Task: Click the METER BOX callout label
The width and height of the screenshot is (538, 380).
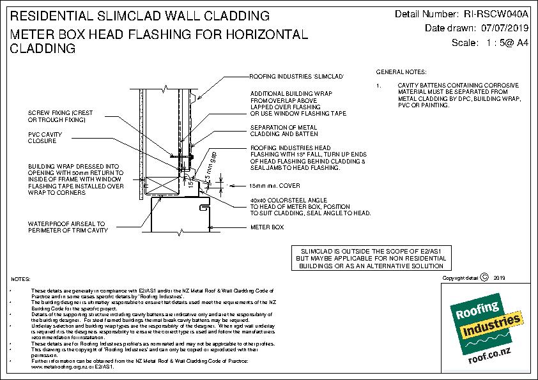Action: click(x=266, y=227)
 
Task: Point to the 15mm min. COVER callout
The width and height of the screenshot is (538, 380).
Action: click(x=275, y=186)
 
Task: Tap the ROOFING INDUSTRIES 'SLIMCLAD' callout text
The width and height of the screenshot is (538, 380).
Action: click(x=296, y=76)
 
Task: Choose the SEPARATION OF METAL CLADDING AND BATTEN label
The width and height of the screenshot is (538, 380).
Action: click(x=284, y=132)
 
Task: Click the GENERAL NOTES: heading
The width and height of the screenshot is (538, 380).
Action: click(x=401, y=72)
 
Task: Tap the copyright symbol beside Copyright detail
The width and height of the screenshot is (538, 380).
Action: click(x=484, y=277)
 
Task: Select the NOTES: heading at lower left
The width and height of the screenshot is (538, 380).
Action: click(x=20, y=280)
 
